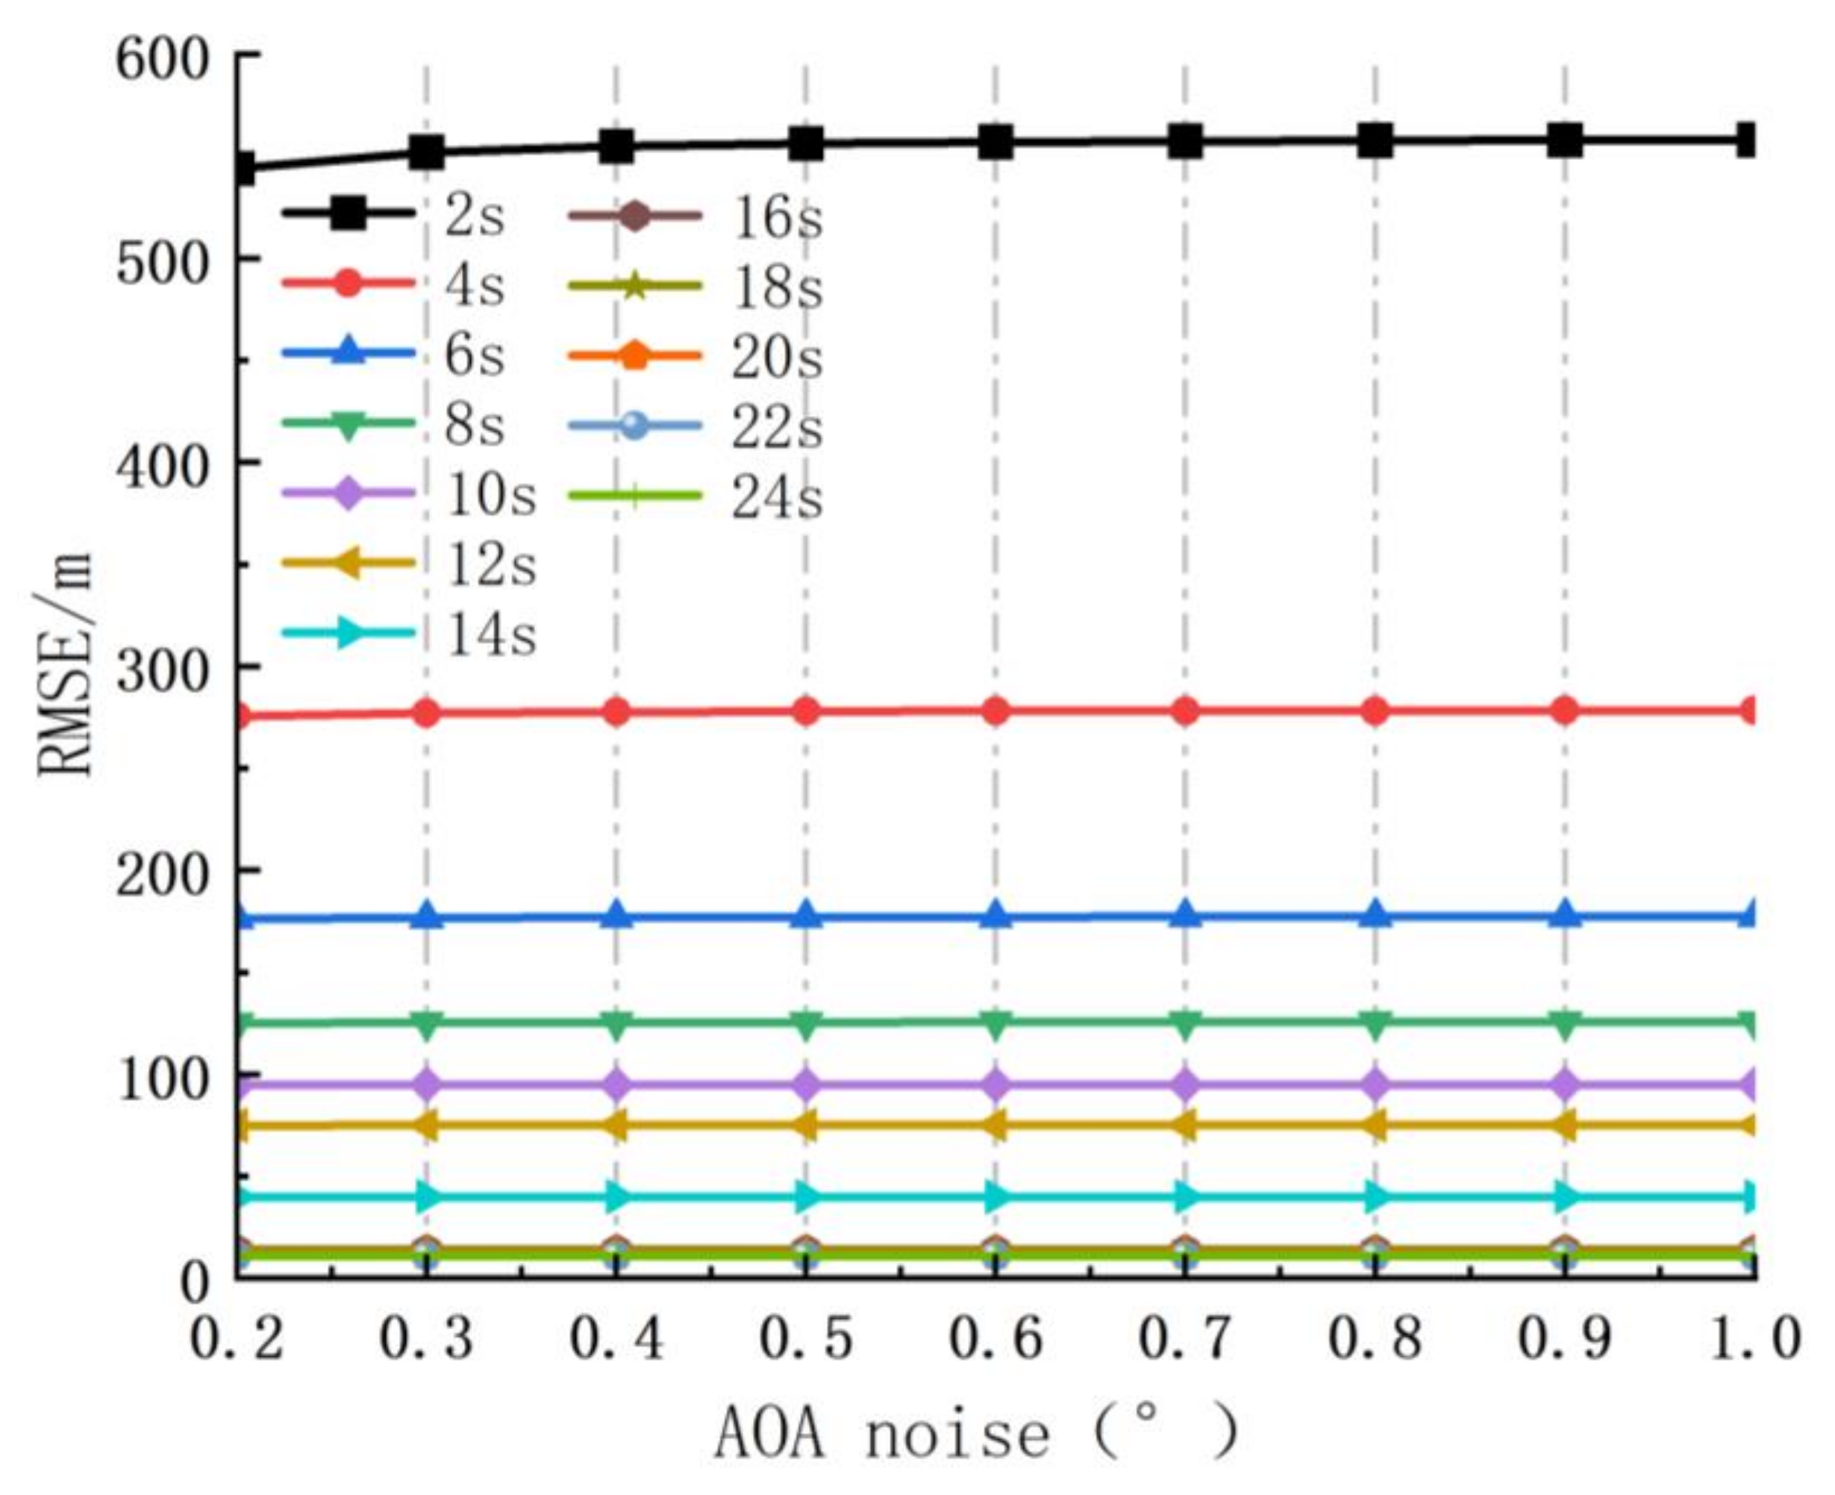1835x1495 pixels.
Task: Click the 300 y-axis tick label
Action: pos(162,670)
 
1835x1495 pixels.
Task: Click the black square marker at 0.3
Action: pos(426,152)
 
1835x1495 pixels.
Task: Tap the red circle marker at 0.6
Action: pos(995,711)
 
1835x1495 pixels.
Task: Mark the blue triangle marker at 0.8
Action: pos(1375,914)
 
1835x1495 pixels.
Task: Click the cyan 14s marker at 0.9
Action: pos(1566,1196)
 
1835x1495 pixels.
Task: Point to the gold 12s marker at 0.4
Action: pos(616,1126)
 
